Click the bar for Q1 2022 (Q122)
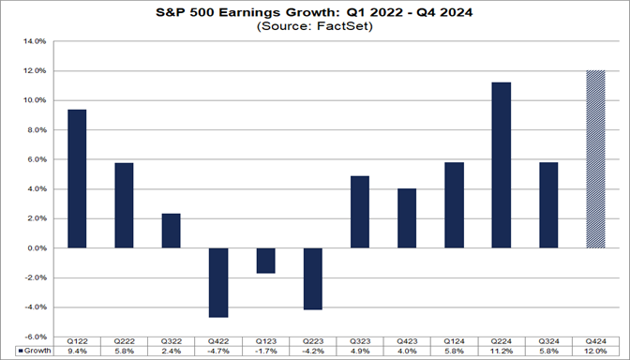(78, 179)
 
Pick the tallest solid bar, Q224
(502, 165)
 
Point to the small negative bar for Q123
(266, 261)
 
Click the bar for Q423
(408, 218)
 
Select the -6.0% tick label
(34, 337)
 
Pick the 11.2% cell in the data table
(502, 352)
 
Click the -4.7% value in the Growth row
(219, 352)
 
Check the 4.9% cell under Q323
(361, 352)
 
